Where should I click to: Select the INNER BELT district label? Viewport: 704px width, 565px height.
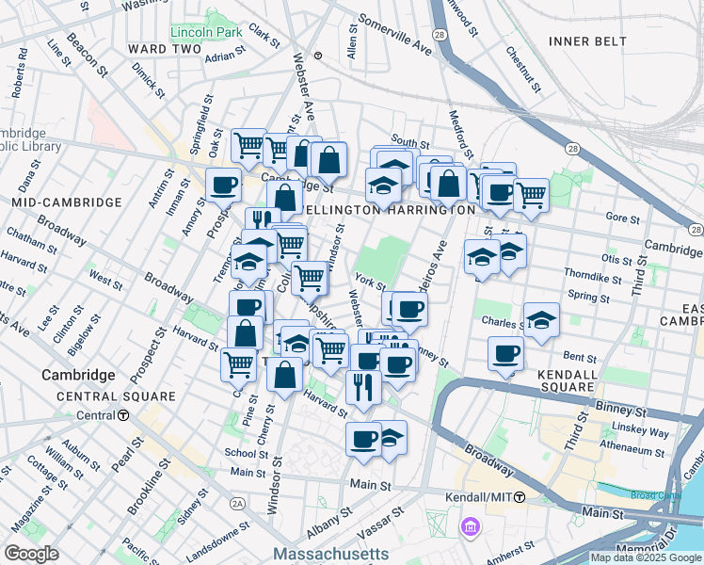coord(581,41)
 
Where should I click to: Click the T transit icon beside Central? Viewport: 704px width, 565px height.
coord(123,415)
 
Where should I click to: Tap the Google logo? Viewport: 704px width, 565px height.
coord(31,553)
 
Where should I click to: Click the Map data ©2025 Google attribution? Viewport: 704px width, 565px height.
coord(646,557)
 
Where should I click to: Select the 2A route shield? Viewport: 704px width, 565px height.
coord(238,505)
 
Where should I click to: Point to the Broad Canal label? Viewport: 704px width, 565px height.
coord(655,495)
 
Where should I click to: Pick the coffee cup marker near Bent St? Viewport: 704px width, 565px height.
coord(505,354)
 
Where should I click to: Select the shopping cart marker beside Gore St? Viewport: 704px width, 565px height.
coord(531,195)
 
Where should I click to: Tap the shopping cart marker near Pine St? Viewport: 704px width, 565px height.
coord(239,364)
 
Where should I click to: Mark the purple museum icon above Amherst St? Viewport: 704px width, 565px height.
coord(469,527)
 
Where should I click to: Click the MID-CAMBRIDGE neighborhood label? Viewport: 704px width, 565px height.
coord(66,202)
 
